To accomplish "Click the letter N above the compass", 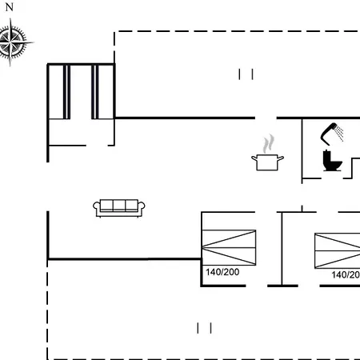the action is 10,7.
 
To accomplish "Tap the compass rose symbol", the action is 11,42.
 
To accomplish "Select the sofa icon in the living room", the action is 119,208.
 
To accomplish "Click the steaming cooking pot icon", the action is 267,153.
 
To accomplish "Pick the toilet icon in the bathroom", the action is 332,161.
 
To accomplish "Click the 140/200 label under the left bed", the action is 222,272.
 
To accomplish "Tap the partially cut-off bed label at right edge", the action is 346,274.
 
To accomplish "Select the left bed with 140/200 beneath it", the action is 229,248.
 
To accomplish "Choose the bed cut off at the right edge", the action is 338,250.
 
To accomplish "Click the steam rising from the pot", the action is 268,143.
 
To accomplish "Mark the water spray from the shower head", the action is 339,133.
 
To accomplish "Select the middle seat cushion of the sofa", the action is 119,205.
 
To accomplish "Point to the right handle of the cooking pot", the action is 281,158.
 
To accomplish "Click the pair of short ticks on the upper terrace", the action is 246,74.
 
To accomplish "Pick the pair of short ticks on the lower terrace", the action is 204,328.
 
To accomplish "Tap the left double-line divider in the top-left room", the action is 66,92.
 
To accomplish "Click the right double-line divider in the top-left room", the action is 95,92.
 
